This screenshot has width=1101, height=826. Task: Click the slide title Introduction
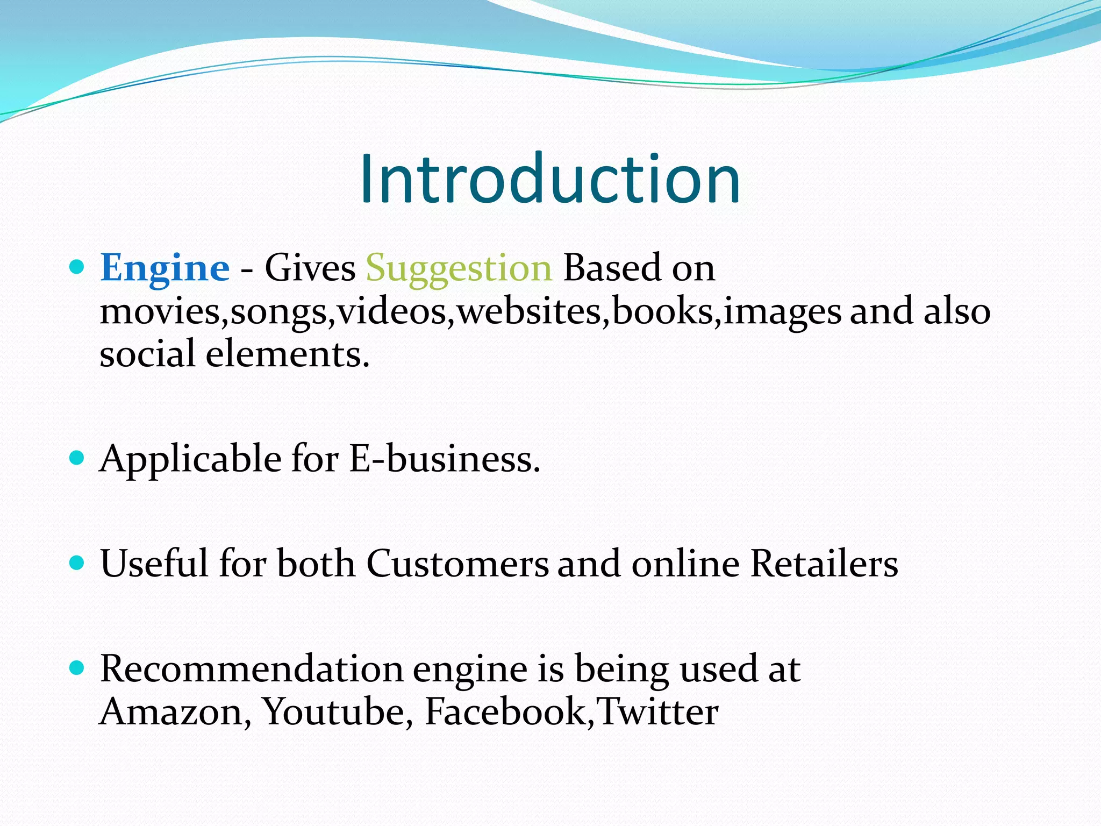point(550,179)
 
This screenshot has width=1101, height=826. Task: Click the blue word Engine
point(165,268)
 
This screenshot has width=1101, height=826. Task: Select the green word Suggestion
point(459,268)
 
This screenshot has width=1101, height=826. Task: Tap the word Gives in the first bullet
point(310,268)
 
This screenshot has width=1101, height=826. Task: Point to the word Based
point(612,268)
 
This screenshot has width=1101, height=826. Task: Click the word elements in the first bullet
point(288,355)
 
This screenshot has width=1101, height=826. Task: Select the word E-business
point(444,459)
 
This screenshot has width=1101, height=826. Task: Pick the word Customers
point(457,564)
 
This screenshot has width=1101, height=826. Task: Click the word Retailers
point(824,564)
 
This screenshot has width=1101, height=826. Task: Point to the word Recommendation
point(252,669)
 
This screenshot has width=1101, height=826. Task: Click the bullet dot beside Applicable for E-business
point(77,458)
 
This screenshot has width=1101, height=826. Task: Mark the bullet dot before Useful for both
point(77,562)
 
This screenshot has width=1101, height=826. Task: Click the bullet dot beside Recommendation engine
point(77,668)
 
